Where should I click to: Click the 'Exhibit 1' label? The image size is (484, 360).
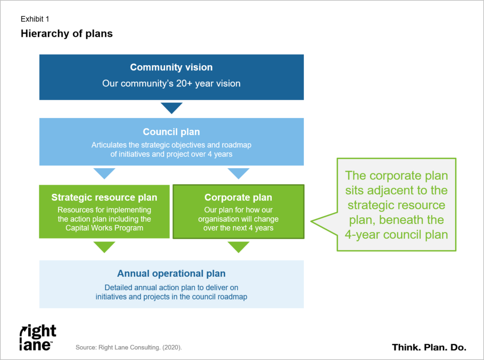coord(35,19)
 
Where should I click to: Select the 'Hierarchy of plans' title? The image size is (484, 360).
coord(67,34)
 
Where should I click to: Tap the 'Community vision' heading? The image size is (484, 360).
coord(171,67)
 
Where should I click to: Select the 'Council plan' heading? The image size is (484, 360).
coord(171,132)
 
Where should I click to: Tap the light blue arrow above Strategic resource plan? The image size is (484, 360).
coord(104,173)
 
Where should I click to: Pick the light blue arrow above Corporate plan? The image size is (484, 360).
coord(239,173)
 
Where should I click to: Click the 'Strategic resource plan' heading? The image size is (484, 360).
coord(104,197)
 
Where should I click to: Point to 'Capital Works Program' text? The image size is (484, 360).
coord(104,228)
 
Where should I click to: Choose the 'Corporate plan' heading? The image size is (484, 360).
coord(238,197)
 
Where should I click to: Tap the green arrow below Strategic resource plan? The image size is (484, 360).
coord(104,247)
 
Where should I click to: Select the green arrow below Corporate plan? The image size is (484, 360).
coord(239,247)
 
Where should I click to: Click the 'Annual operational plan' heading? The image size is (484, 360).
coord(171,274)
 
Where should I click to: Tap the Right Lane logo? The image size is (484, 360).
coord(38,337)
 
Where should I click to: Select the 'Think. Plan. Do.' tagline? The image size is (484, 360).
coord(429,347)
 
